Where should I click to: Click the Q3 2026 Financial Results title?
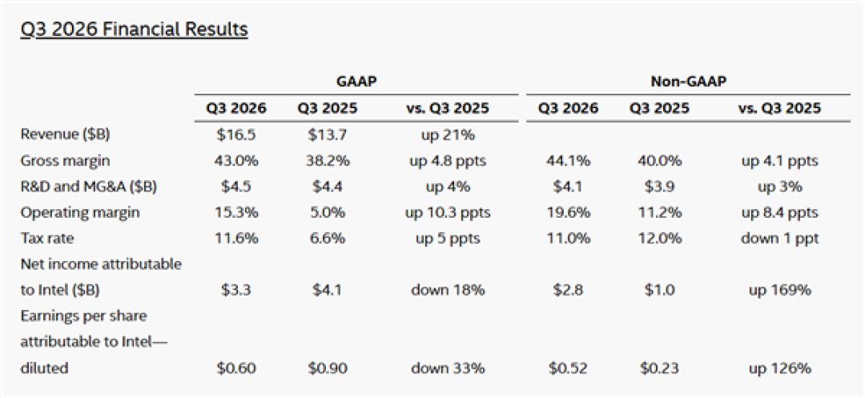coord(134,30)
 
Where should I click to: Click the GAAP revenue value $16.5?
coord(236,135)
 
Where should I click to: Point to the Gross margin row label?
coord(65,161)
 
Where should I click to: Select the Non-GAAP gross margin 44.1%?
coord(568,161)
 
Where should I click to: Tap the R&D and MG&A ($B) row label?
coord(89,187)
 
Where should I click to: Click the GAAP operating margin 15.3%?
coord(236,213)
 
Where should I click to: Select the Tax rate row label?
coord(46,239)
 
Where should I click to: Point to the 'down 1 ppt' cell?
coord(779,239)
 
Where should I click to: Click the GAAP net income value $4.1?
coord(328,291)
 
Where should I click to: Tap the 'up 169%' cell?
coord(779,291)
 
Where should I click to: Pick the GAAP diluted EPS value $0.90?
coord(328,368)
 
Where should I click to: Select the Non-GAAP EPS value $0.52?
coord(568,368)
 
